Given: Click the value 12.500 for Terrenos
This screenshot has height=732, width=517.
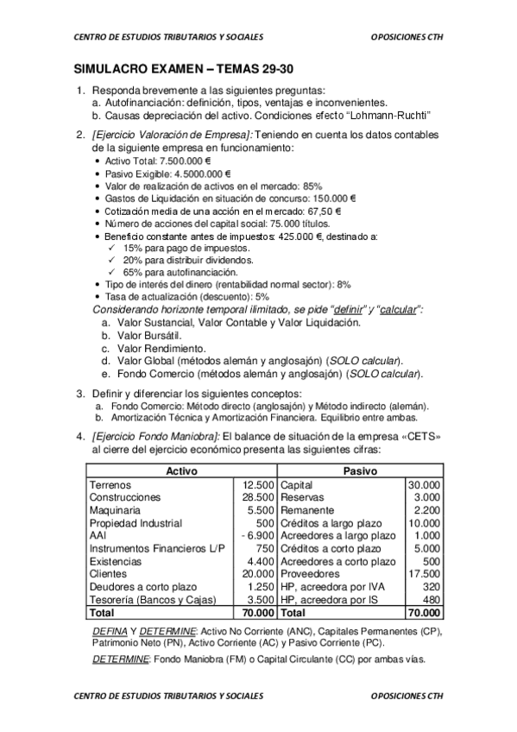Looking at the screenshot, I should coord(259,485).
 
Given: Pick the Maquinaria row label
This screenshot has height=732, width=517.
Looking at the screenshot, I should coord(115,510).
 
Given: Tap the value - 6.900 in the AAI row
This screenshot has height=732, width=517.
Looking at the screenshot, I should coord(258,535).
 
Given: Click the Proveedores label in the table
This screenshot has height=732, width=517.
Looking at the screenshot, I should coord(312,573).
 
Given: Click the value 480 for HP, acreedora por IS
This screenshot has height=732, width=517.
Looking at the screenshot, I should coord(431,598).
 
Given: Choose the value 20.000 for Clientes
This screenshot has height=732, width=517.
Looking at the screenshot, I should coord(259,573).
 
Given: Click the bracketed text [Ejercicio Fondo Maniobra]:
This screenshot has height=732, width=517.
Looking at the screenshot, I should coord(154,437).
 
